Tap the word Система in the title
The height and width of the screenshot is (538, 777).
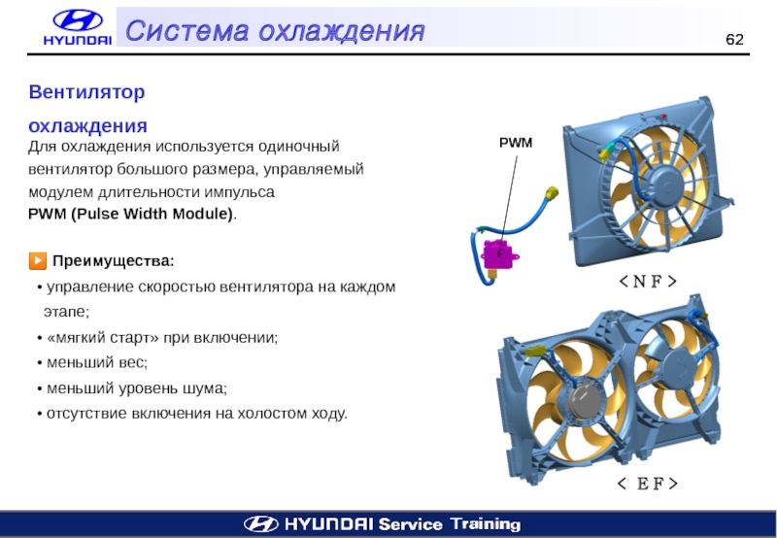[x=181, y=30]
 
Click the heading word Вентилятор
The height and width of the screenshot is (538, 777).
[x=86, y=92]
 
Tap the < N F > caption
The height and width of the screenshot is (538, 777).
[x=642, y=282]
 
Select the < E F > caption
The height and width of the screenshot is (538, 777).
[x=642, y=483]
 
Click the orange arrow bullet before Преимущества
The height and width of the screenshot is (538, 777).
[x=38, y=261]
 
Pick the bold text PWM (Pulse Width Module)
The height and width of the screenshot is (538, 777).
[x=131, y=213]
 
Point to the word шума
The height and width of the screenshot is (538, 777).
[x=205, y=387]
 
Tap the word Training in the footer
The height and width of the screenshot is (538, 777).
[x=486, y=524]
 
